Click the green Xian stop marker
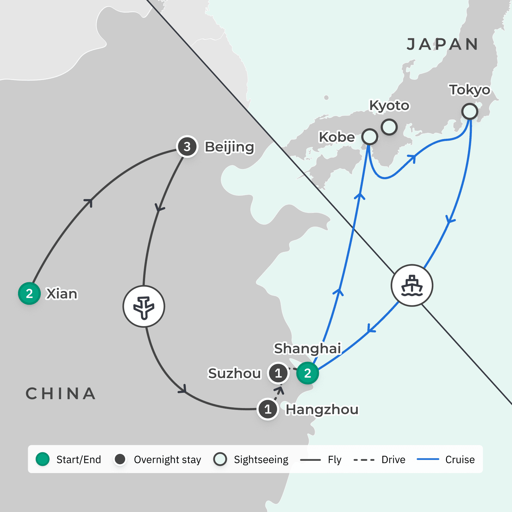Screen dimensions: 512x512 (29, 294)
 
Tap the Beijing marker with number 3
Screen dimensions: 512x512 (187, 147)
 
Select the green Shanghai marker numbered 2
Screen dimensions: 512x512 (308, 373)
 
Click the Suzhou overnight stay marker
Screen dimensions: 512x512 (278, 373)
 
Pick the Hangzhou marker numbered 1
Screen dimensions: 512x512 (268, 409)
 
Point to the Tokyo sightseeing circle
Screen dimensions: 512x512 (470, 112)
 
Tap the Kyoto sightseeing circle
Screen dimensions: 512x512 (389, 127)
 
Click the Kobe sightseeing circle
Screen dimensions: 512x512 (369, 137)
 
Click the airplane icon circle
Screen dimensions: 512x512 (144, 306)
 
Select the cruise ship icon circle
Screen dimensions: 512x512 (412, 285)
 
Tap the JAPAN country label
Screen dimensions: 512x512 (442, 44)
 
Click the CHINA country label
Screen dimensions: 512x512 (60, 394)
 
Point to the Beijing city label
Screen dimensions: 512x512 (229, 147)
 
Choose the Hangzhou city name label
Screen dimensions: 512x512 (322, 410)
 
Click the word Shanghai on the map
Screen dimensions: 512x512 (307, 349)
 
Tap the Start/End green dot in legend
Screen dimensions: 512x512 (43, 459)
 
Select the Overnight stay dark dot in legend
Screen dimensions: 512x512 (120, 459)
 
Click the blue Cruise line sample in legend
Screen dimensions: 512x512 (428, 459)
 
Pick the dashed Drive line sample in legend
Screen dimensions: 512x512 (364, 460)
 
